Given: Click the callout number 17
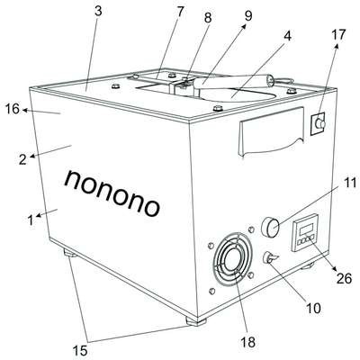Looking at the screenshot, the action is coord(338,34).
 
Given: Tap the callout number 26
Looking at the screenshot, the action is coord(344,279).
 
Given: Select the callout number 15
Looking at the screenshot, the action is coord(80,349).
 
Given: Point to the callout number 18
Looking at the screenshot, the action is coord(248,341).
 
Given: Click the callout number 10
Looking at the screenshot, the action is coord(313,308).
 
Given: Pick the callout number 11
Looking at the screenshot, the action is coord(349,183).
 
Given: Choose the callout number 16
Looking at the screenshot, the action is coord(13,109).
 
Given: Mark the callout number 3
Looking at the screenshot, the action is coord(98,11).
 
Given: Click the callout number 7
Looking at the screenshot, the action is coord(180,12).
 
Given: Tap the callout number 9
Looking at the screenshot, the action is coord(248,16).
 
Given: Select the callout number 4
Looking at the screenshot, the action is coord(287,36).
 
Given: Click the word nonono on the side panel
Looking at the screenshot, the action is coord(112,193).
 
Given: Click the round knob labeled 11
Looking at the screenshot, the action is coord(271,227).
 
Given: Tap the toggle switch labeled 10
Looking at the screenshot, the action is coord(270,258).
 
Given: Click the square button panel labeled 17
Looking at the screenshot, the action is coord(318,123).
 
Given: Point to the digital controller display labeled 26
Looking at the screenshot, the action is coord(305,232).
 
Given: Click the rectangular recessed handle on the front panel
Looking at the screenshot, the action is coord(272,131).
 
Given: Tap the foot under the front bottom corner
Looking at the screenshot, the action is coord(196,321).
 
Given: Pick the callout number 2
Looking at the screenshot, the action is coord(22,159).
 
